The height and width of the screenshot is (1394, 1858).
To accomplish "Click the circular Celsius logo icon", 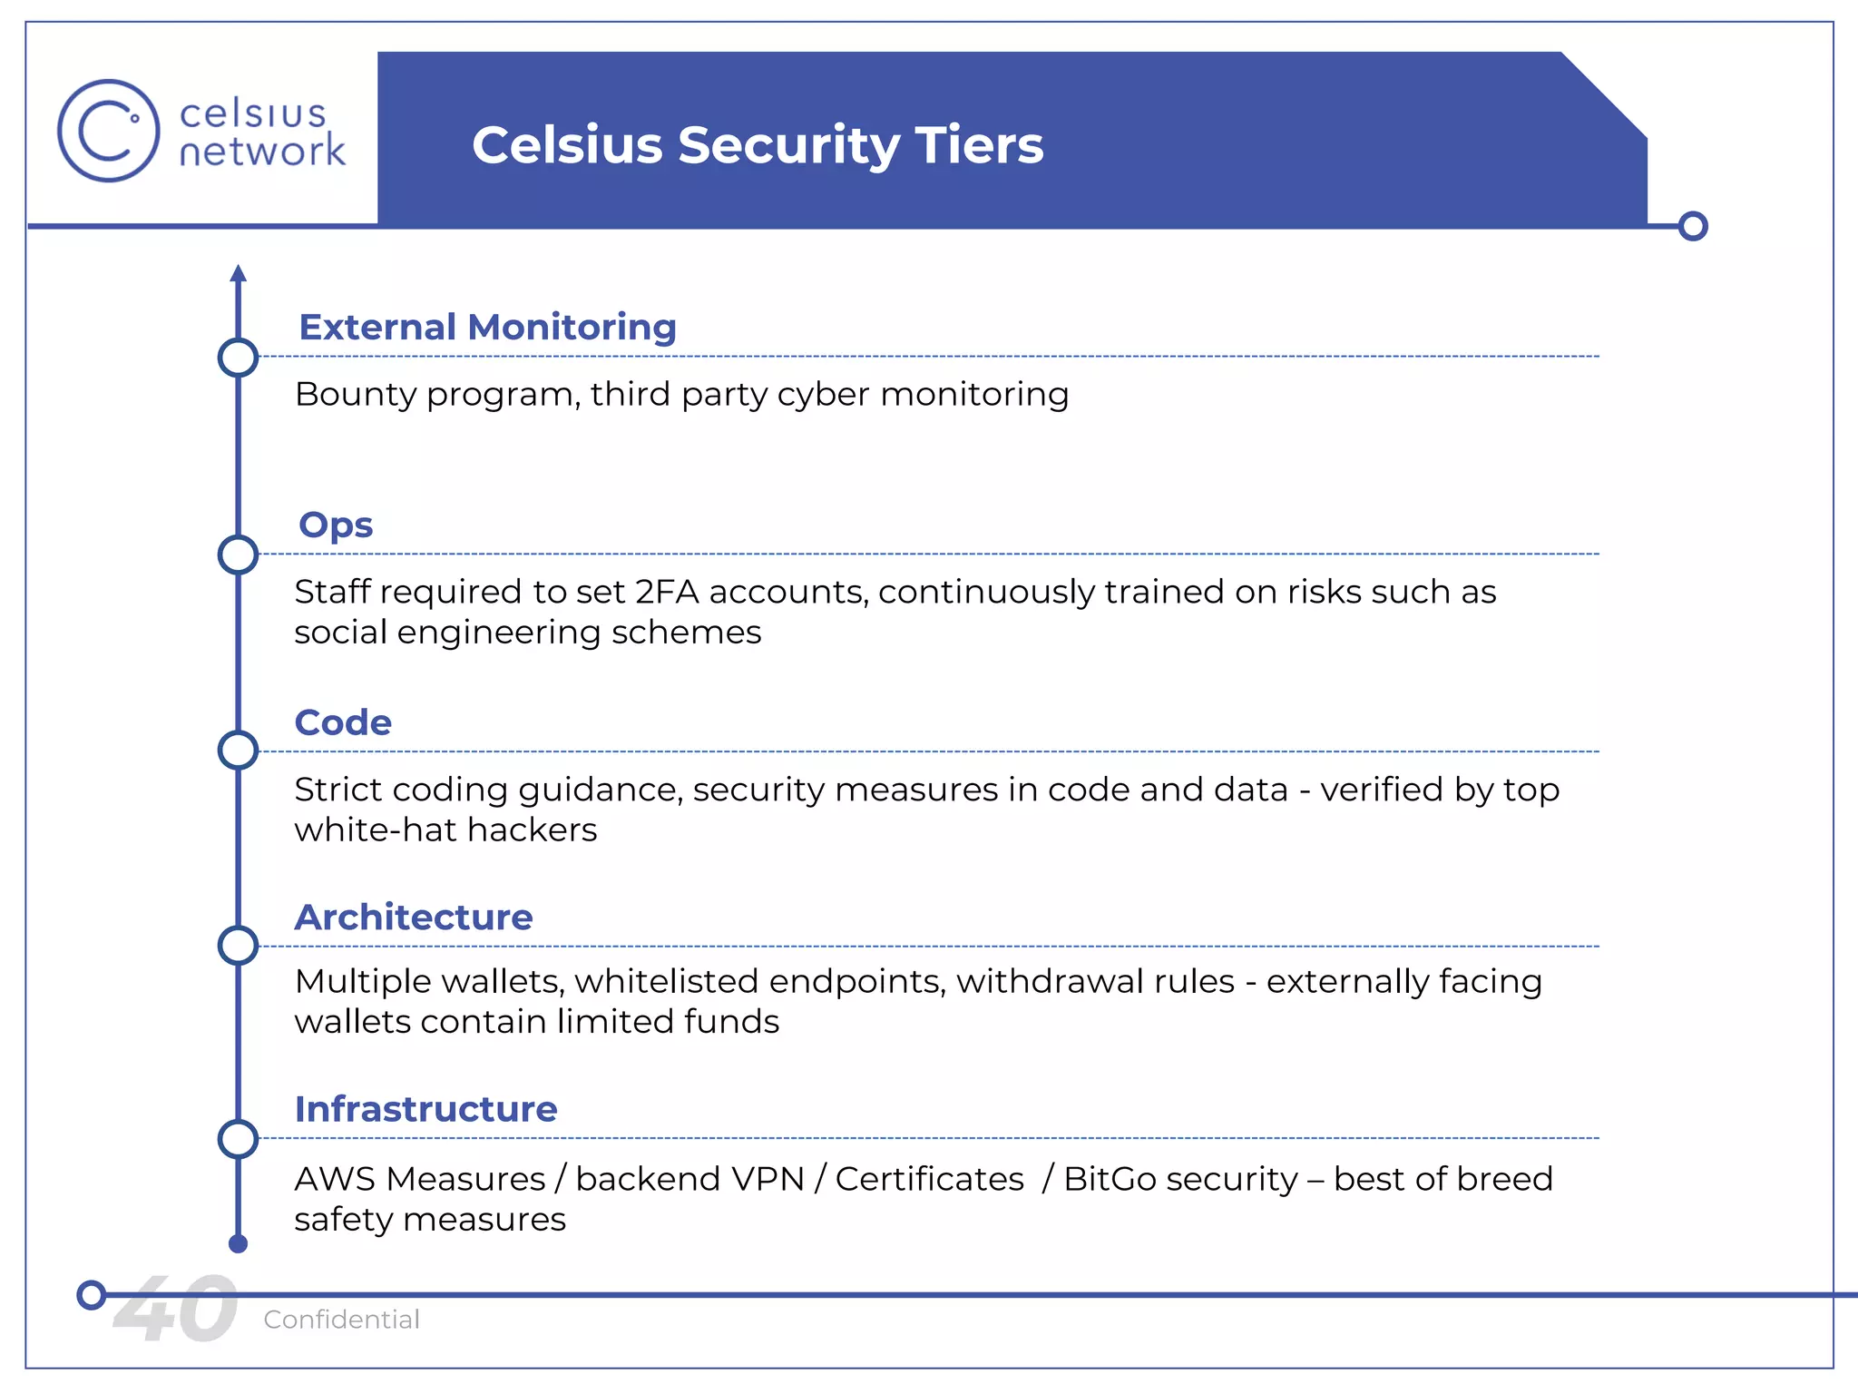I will point(108,131).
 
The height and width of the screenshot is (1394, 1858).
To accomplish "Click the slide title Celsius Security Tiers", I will point(758,145).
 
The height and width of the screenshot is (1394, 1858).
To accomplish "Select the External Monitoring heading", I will point(487,327).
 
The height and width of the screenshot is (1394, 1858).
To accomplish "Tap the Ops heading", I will point(336,525).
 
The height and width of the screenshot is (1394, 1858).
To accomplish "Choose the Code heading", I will point(343,722).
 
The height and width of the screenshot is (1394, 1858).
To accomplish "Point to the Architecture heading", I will point(414,918).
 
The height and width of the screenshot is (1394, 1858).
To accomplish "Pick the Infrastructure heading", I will point(425,1109).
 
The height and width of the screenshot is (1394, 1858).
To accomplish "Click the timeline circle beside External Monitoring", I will point(239,358).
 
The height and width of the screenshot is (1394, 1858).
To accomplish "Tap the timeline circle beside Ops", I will point(239,555).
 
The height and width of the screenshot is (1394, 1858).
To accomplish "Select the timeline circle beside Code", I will point(239,751).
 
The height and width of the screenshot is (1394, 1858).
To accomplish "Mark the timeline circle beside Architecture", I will point(239,946).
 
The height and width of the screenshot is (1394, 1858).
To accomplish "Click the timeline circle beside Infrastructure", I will point(239,1139).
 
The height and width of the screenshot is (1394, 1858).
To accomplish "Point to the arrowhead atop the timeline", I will point(239,273).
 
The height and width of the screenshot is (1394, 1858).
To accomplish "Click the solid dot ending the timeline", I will point(239,1244).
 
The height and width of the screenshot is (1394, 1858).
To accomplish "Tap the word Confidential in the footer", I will point(341,1320).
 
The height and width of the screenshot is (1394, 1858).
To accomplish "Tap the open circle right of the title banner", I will point(1693,226).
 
